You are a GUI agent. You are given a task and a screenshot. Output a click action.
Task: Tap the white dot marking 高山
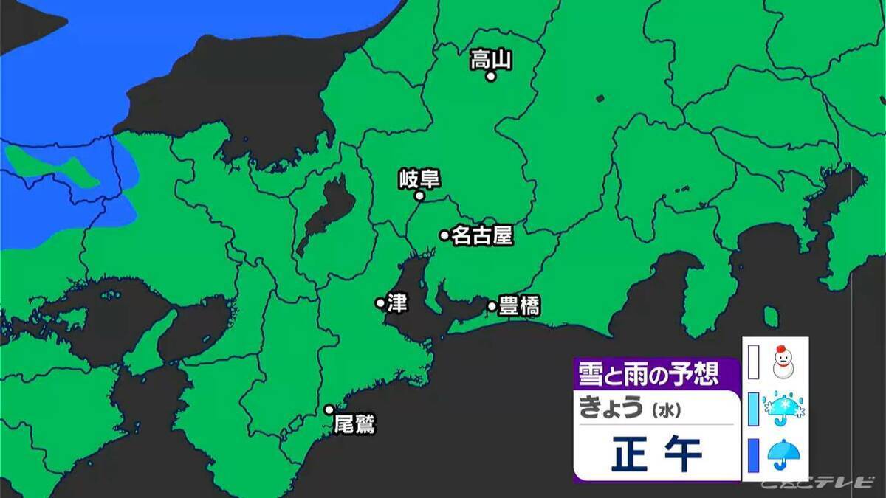(490, 76)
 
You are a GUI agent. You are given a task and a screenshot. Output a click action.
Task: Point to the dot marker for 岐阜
(419, 196)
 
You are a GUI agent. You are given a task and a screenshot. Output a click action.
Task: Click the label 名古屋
(481, 235)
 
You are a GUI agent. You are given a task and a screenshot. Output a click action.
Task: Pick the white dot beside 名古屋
(444, 235)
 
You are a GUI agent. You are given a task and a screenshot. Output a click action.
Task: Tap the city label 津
(397, 302)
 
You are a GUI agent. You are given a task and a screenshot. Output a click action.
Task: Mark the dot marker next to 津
(380, 302)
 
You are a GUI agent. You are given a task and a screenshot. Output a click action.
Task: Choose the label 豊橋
(519, 305)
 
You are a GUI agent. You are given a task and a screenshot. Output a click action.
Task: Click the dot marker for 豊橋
(492, 306)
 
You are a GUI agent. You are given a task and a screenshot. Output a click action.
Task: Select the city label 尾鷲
(354, 424)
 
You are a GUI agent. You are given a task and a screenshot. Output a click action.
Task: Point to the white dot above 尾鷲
(329, 409)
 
